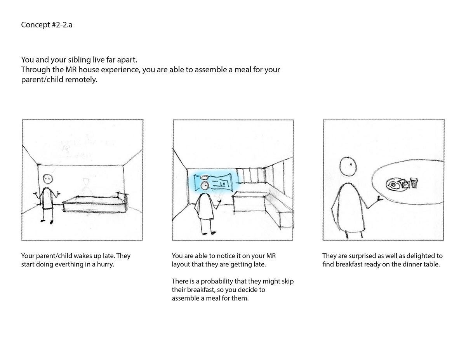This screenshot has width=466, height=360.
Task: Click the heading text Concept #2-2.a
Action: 47,25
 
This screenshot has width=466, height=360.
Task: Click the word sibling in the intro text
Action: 79,59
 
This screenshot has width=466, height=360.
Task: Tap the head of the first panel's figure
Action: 48,179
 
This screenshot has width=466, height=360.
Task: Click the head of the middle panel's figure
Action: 205,186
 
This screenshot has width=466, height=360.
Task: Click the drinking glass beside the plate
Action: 414,183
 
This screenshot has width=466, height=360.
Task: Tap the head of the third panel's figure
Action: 348,167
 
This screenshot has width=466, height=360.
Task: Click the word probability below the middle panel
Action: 217,281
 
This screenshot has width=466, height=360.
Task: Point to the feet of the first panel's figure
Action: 47,221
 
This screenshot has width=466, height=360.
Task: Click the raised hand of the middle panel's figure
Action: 219,202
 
